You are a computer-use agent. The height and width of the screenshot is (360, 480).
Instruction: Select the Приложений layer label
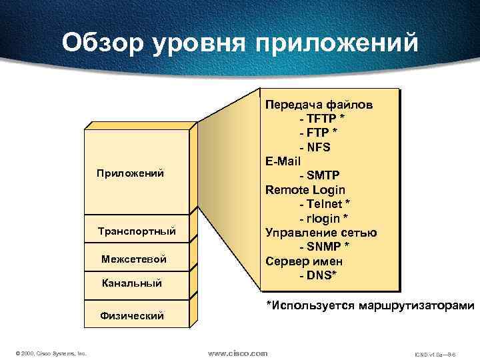point(131,173)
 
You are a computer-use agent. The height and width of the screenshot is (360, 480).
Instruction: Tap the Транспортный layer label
point(137,231)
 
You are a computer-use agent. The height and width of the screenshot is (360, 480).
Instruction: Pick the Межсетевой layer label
point(134,259)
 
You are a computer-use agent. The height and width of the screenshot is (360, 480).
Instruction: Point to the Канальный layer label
point(132,283)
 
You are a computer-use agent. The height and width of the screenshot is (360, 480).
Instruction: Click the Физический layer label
point(132,315)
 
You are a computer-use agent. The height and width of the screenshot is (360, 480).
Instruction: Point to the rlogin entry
point(325,218)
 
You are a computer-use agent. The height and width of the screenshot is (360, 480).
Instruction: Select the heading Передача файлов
point(319,105)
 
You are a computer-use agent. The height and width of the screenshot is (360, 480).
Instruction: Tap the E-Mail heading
point(283,161)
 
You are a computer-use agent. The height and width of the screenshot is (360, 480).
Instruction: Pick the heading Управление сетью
point(321,233)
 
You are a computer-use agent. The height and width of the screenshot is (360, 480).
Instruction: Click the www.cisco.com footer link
point(238,353)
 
